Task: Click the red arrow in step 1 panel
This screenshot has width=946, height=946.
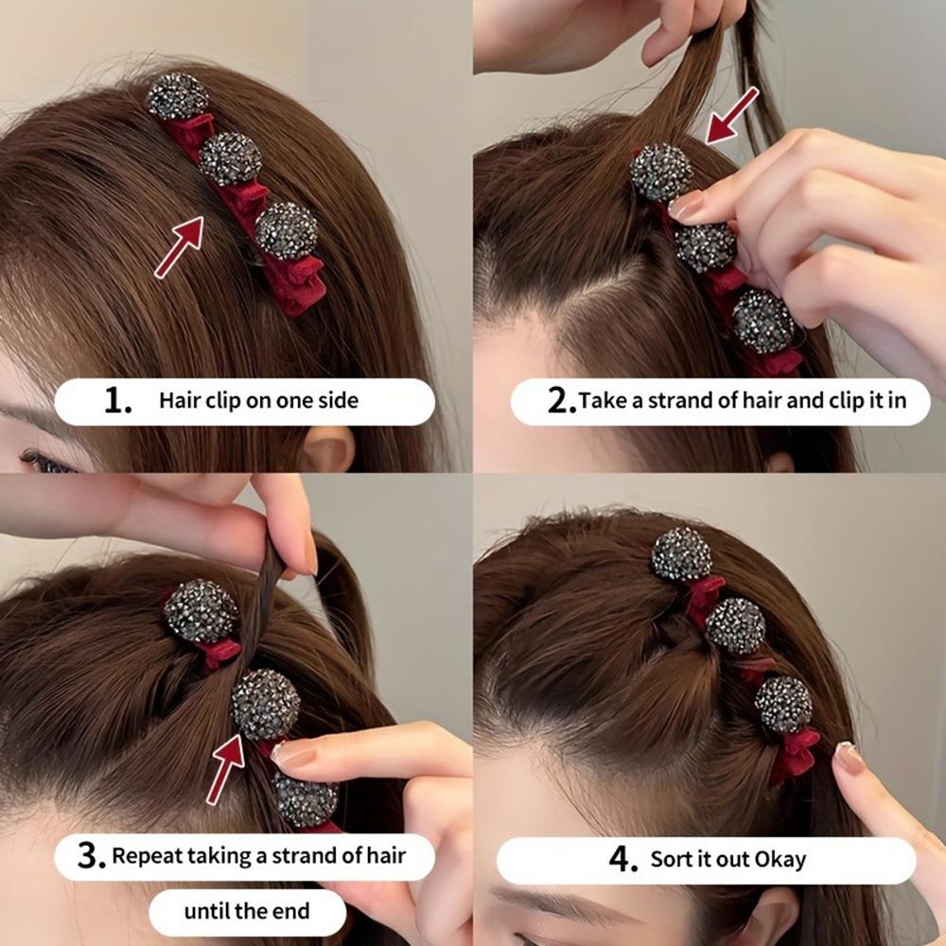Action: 180,246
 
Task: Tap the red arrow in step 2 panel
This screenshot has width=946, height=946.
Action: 733,114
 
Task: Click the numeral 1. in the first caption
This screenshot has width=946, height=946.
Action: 118,401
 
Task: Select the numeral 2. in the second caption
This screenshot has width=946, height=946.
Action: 561,401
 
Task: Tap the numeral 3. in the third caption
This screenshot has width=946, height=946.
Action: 91,857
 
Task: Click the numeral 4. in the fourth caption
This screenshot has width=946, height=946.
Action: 623,860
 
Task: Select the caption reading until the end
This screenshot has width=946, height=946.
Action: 246,912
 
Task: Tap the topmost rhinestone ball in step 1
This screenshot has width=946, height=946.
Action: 177,96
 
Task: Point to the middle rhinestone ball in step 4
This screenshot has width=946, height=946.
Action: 736,625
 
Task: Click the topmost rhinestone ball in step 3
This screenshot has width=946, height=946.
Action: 200,610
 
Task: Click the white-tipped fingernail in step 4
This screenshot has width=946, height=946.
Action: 849,757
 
